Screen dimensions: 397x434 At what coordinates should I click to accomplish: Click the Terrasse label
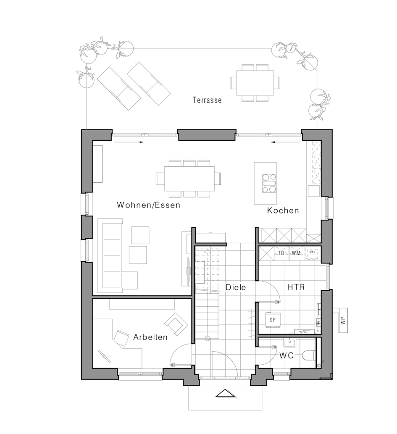(208, 100)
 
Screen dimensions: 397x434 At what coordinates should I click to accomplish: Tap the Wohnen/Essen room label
(149, 205)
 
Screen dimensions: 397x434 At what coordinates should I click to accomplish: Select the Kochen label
(283, 210)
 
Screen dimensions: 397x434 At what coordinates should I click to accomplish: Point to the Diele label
(236, 287)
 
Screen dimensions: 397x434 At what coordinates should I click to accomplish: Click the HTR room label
(296, 287)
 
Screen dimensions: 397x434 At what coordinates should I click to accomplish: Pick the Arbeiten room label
(150, 337)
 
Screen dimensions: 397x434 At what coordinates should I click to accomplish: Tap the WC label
(286, 355)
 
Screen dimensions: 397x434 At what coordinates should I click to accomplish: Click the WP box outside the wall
(343, 321)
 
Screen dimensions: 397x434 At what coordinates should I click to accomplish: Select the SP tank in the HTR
(273, 320)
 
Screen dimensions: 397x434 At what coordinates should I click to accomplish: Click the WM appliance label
(296, 253)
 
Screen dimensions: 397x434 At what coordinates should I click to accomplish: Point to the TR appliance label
(281, 253)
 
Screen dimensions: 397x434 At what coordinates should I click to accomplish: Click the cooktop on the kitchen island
(269, 183)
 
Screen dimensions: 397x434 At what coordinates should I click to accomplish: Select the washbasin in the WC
(289, 343)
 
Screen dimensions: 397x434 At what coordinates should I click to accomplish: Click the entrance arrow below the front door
(226, 394)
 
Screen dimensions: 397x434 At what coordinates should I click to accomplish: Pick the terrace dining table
(255, 83)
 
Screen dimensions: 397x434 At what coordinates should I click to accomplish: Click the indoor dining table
(189, 179)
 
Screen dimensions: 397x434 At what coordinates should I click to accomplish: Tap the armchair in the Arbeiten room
(176, 323)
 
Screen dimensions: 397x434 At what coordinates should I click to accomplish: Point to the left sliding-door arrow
(129, 142)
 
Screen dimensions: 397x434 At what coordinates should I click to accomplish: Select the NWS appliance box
(312, 253)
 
